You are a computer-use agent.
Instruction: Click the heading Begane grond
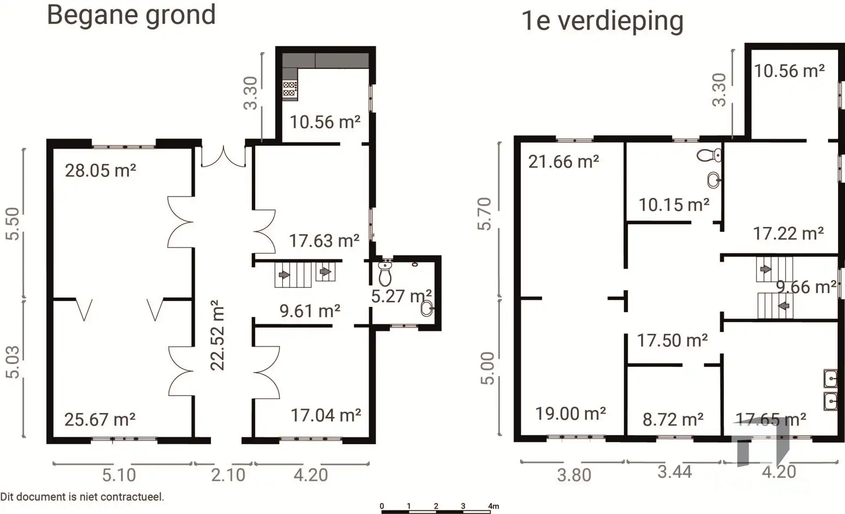[x=131, y=15]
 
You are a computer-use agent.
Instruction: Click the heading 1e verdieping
[x=602, y=21]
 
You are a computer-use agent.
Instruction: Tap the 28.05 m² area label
[x=100, y=171]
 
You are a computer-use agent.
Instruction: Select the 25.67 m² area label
[x=100, y=419]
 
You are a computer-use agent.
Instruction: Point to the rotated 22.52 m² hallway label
[x=218, y=335]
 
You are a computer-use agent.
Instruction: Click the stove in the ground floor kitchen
[x=290, y=89]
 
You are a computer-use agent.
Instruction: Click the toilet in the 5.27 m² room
[x=385, y=273]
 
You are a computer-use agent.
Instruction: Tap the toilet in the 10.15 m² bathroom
[x=709, y=156]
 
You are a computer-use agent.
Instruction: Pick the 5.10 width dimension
[x=119, y=475]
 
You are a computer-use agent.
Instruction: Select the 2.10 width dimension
[x=228, y=475]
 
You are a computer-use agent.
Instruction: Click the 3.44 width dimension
[x=675, y=472]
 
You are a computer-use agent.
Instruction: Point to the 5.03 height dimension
[x=13, y=362]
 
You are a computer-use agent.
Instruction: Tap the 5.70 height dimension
[x=485, y=214]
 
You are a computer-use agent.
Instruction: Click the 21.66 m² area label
[x=563, y=162]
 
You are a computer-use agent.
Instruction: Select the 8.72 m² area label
[x=672, y=419]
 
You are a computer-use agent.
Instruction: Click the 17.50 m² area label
[x=672, y=340]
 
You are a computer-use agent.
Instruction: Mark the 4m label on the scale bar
[x=493, y=506]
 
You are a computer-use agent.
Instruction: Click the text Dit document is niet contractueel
[x=82, y=497]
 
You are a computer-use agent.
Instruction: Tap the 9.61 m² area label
[x=310, y=311]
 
